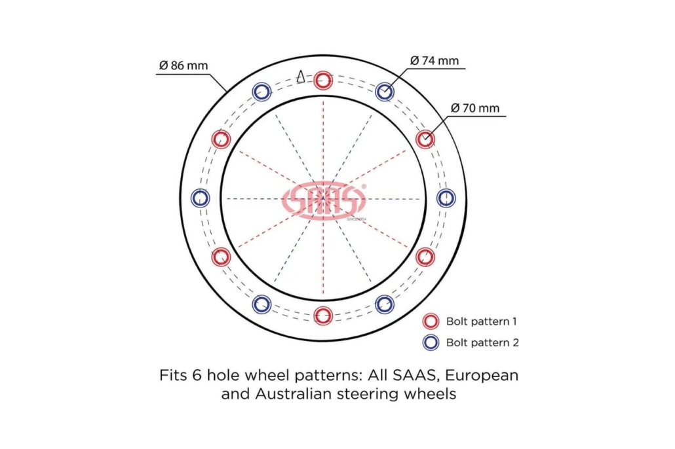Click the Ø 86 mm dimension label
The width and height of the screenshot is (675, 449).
click(183, 65)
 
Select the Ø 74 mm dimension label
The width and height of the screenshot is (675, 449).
click(434, 61)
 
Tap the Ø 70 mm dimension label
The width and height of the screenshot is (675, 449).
click(475, 108)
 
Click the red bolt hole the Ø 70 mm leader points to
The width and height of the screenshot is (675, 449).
click(425, 139)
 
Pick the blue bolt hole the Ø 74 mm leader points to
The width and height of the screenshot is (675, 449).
click(385, 91)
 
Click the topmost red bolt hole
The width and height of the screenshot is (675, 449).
click(323, 80)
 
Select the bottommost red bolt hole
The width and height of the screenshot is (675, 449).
click(323, 315)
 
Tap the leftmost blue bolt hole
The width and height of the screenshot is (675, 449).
click(200, 198)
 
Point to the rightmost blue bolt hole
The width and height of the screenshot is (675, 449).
click(446, 198)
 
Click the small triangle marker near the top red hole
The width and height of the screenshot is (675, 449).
click(301, 76)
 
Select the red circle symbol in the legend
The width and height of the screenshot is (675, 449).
click(431, 321)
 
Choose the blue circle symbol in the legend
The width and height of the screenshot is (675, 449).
click(431, 342)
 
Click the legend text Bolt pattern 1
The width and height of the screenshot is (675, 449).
click(481, 321)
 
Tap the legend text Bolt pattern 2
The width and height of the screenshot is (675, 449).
click(482, 343)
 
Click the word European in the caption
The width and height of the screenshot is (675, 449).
click(481, 376)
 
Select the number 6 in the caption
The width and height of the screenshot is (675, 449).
click(197, 375)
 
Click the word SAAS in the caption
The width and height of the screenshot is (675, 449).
click(416, 376)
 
